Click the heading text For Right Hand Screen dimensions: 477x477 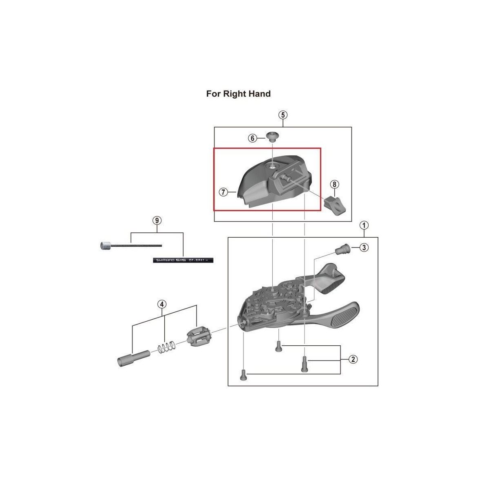238,94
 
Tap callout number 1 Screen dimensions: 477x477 364,225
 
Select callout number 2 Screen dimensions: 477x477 353,359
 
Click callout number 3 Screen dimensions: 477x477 364,247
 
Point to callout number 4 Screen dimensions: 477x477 162,304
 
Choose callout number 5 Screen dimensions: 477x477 283,115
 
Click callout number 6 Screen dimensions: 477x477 252,139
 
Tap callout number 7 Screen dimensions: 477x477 223,192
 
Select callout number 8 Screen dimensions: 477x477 334,184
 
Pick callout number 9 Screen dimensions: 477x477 157,221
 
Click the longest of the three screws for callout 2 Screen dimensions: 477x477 304,363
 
